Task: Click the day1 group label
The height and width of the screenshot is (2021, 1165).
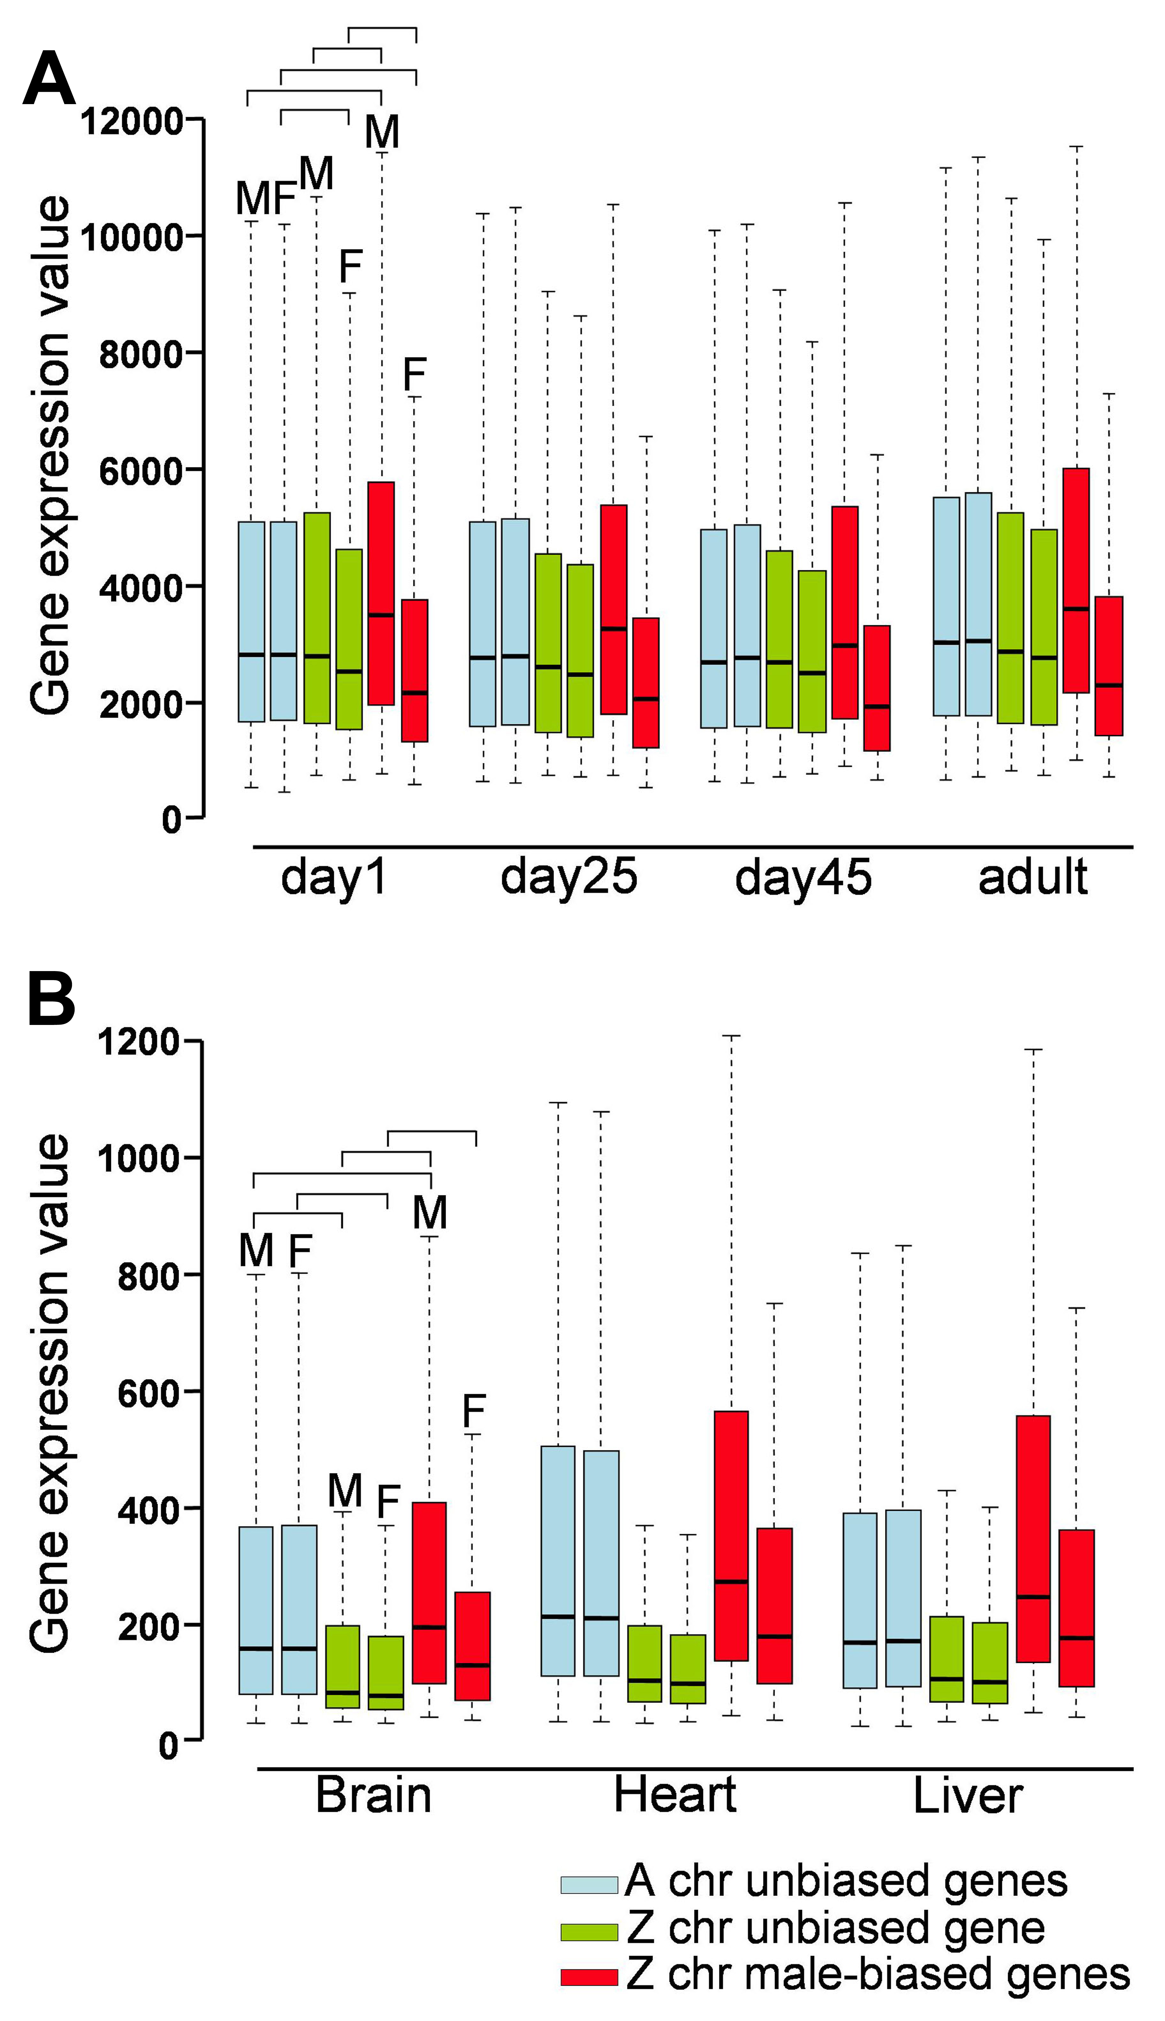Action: [x=334, y=877]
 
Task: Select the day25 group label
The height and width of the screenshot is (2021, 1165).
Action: [x=569, y=877]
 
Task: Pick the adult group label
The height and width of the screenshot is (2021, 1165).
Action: [x=1032, y=877]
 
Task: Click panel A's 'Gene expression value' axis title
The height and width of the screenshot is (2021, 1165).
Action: [x=50, y=456]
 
